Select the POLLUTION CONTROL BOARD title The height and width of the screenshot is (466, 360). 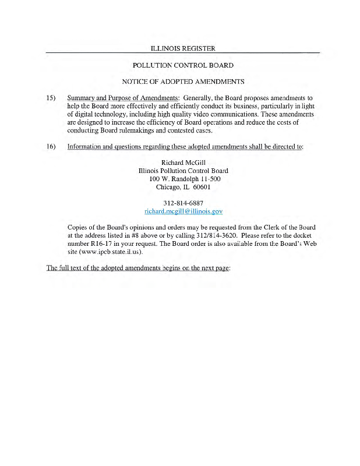pyautogui.click(x=183, y=65)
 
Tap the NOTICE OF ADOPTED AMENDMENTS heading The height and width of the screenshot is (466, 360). pyautogui.click(x=183, y=81)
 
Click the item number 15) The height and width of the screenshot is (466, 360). pyautogui.click(x=51, y=98)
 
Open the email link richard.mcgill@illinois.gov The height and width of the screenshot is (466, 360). pyautogui.click(x=183, y=211)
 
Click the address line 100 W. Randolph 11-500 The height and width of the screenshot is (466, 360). pyautogui.click(x=183, y=179)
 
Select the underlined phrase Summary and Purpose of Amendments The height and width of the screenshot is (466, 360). pyautogui.click(x=123, y=98)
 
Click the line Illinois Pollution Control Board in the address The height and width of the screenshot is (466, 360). pyautogui.click(x=183, y=171)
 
